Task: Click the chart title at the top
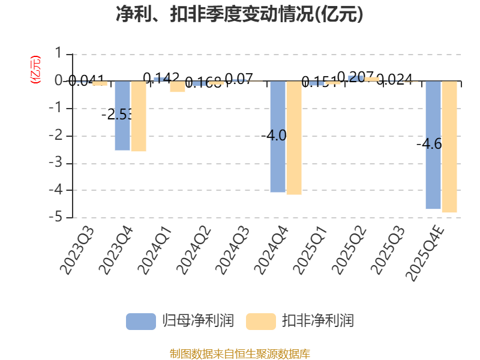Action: (239, 14)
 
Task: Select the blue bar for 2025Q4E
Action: (433, 145)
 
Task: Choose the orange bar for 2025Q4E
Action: (449, 147)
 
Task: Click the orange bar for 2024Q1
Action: (178, 87)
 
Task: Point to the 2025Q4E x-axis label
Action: (427, 252)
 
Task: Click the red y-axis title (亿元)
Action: (35, 69)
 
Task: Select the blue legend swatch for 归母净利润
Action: (141, 321)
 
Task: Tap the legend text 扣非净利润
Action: (318, 321)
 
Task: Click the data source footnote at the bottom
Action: (239, 353)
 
